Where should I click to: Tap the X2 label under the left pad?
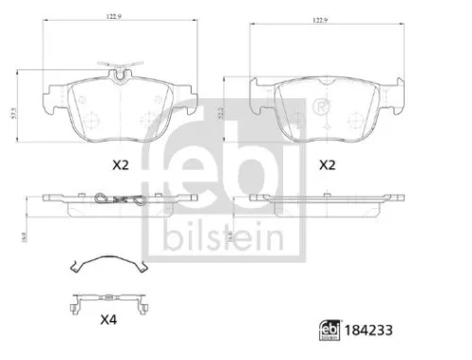click(x=119, y=164)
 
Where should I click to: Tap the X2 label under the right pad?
click(x=328, y=164)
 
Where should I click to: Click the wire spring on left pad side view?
click(x=117, y=199)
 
